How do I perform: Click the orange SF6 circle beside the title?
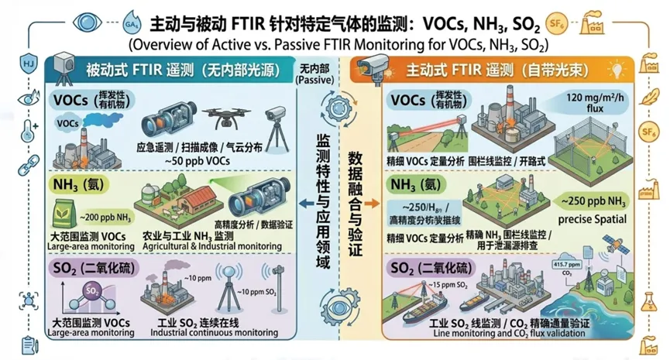tap(556, 20)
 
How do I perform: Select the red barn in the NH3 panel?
tap(187, 203)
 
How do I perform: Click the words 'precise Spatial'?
tap(593, 218)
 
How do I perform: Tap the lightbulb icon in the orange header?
tap(619, 70)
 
